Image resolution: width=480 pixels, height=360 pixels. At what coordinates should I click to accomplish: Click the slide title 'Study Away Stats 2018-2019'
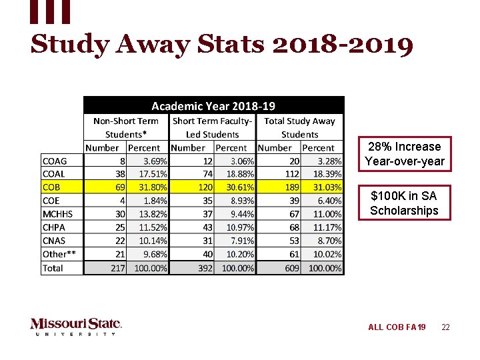point(222,45)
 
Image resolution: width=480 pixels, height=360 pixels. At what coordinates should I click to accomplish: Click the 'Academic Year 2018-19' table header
point(213,105)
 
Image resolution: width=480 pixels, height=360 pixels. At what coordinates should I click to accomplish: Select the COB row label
point(52,187)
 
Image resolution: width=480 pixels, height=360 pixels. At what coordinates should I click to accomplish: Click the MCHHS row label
point(57,214)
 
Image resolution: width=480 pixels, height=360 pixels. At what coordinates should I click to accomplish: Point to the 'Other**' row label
point(59,254)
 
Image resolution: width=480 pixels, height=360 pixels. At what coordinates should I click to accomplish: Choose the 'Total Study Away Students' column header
point(299,127)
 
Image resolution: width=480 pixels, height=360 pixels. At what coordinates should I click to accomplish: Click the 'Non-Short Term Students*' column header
point(126,127)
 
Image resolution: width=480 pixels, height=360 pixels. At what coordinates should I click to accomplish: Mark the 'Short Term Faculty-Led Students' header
point(212,127)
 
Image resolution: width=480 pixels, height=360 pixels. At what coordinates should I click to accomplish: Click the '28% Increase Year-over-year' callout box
point(405,154)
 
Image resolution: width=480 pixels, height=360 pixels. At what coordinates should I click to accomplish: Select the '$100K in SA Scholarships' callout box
point(405,203)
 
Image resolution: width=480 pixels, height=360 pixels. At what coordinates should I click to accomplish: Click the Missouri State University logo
point(76,326)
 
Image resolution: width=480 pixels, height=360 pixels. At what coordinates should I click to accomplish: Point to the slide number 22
point(445,327)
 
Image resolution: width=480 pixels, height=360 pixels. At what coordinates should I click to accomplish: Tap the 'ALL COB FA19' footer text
point(397,327)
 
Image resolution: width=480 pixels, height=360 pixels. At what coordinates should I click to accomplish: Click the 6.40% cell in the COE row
point(323,201)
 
